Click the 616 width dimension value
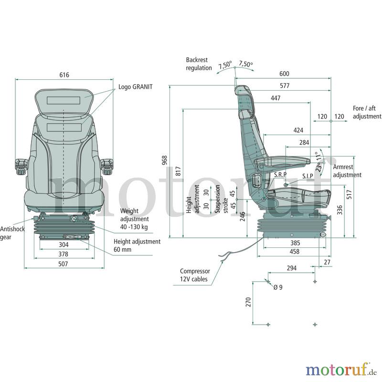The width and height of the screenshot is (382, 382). pos(64,75)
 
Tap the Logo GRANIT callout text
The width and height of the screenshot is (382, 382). pos(136,87)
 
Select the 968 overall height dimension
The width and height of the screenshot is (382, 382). pos(165,160)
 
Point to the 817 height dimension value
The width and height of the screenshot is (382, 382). pos(178,171)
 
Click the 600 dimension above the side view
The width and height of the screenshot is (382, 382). pos(284,74)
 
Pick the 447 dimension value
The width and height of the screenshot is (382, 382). pos(276,98)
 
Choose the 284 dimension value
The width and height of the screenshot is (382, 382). pos(304,142)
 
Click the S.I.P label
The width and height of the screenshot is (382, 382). pos(308,176)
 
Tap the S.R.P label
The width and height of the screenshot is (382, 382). pos(280,174)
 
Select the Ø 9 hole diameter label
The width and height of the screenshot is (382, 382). pos(278,287)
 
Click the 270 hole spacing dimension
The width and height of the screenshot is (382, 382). pos(248,302)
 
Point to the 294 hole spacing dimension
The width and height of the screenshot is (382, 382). pos(292,268)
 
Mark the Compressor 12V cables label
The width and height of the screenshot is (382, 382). pos(195,275)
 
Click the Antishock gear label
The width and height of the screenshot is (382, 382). pos(12,233)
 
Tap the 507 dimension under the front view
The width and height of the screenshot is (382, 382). pos(63,264)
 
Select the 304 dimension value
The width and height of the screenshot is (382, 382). pos(64,244)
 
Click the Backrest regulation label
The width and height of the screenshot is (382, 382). pos(199,64)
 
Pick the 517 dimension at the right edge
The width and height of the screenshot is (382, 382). pos(350,194)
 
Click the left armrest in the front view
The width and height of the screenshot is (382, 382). pos(21,166)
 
